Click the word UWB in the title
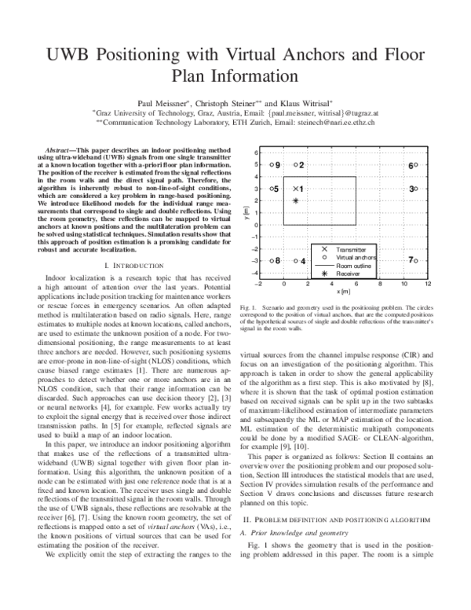(x=68, y=57)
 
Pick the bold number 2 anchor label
(x=302, y=165)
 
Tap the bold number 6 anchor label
(x=410, y=166)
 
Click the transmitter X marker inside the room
(x=295, y=189)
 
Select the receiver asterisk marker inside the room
(x=296, y=201)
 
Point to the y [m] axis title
(x=246, y=213)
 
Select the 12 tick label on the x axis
(x=428, y=283)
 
